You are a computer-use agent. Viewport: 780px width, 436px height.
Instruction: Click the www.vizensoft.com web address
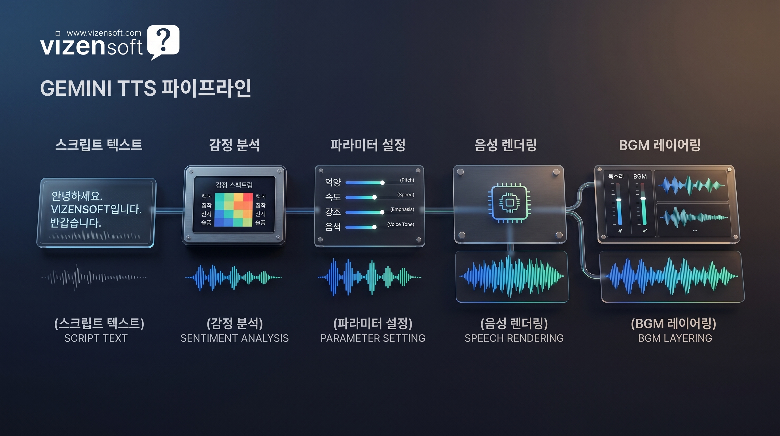pyautogui.click(x=103, y=33)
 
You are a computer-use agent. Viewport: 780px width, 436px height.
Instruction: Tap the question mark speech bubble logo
pyautogui.click(x=163, y=41)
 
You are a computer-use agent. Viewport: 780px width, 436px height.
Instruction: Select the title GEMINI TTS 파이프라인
pyautogui.click(x=145, y=88)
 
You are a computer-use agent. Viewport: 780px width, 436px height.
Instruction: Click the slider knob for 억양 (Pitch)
pyautogui.click(x=382, y=183)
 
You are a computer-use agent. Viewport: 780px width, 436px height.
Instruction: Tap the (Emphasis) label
pyautogui.click(x=402, y=209)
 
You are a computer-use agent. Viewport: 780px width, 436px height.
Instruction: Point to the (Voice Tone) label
pyautogui.click(x=400, y=224)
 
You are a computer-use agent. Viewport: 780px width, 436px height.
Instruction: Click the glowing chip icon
pyautogui.click(x=509, y=203)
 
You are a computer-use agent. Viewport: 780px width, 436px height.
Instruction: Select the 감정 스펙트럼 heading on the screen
pyautogui.click(x=234, y=185)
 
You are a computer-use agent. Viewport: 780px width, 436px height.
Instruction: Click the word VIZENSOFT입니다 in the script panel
pyautogui.click(x=96, y=209)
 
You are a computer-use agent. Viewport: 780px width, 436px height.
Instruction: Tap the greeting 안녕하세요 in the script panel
pyautogui.click(x=77, y=196)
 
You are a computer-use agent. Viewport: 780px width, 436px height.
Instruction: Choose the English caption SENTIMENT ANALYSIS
pyautogui.click(x=234, y=338)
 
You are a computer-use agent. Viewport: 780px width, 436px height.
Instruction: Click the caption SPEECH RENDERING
pyautogui.click(x=514, y=338)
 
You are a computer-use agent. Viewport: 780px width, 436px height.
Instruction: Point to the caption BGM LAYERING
pyautogui.click(x=675, y=338)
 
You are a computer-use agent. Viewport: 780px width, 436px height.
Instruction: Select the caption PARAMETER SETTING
pyautogui.click(x=373, y=338)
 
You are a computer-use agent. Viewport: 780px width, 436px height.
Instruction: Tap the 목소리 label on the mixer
pyautogui.click(x=616, y=177)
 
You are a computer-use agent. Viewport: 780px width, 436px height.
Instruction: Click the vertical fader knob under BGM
pyautogui.click(x=643, y=199)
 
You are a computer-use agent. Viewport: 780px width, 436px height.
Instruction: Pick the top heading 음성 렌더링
pyautogui.click(x=505, y=145)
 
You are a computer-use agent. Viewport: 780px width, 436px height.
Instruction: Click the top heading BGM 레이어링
pyautogui.click(x=660, y=145)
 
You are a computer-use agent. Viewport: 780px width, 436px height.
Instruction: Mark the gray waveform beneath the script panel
pyautogui.click(x=94, y=277)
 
